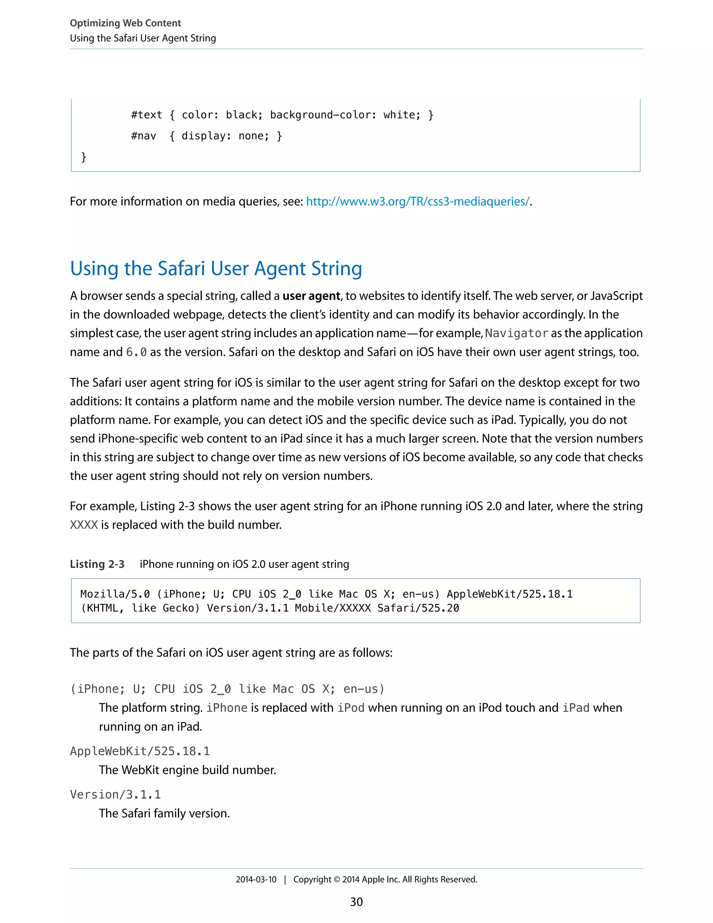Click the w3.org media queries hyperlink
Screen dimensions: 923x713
pos(417,202)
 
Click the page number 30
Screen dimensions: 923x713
pos(356,902)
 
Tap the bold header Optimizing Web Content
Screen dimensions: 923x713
pos(125,23)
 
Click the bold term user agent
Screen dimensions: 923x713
pos(311,296)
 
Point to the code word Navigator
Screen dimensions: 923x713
pos(516,333)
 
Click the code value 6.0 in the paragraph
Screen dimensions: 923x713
pos(136,352)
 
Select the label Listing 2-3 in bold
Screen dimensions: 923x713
pos(97,564)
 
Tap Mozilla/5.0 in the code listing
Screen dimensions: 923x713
pos(115,594)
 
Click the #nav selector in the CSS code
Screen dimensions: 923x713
pos(144,136)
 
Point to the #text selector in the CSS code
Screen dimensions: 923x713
pos(147,115)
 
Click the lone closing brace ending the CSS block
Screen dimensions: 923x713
pos(84,157)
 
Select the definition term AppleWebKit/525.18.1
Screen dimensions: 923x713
pos(140,751)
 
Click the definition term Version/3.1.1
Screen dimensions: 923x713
pos(115,794)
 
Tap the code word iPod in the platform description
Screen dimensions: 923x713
pos(351,708)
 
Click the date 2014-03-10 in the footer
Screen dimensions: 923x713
pos(256,879)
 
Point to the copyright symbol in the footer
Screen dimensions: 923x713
pos(337,879)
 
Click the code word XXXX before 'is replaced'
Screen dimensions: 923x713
pos(84,525)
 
